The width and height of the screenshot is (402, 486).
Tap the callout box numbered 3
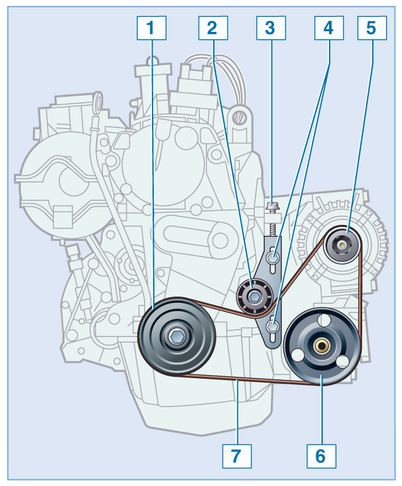tap(270, 27)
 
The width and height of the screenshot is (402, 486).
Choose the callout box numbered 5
tap(371, 27)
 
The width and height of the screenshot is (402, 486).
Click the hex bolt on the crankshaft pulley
tap(176, 335)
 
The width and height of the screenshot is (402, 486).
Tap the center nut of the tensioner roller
tap(254, 297)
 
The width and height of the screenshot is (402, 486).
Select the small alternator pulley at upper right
tap(342, 245)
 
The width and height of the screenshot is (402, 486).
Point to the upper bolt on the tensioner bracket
tap(274, 257)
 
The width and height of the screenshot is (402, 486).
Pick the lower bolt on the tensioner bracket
tap(274, 326)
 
